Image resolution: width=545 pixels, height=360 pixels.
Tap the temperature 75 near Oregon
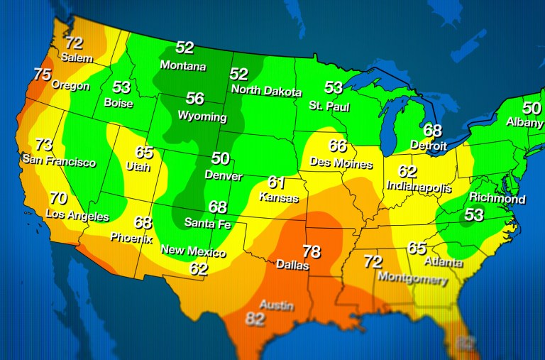(43, 74)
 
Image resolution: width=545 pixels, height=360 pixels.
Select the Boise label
(119, 102)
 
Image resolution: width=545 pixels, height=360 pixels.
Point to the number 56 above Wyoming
(194, 99)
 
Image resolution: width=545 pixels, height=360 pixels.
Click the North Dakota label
(266, 92)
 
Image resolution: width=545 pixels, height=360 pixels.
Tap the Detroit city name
(429, 145)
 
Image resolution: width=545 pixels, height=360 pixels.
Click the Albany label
(525, 122)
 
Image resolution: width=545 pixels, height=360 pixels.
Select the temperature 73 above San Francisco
(44, 145)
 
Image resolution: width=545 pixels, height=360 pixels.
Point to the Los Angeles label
(77, 214)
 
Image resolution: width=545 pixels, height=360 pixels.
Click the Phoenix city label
(131, 239)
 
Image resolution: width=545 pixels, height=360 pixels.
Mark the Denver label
(223, 175)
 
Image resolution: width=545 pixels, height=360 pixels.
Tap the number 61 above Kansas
(276, 182)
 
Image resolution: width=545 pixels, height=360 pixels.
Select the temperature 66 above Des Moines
(338, 146)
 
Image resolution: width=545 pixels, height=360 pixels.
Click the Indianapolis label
(419, 187)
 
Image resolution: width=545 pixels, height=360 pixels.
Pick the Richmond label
(497, 199)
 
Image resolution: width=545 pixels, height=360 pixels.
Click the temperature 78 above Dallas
(312, 251)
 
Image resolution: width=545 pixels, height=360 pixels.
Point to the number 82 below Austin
(255, 319)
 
